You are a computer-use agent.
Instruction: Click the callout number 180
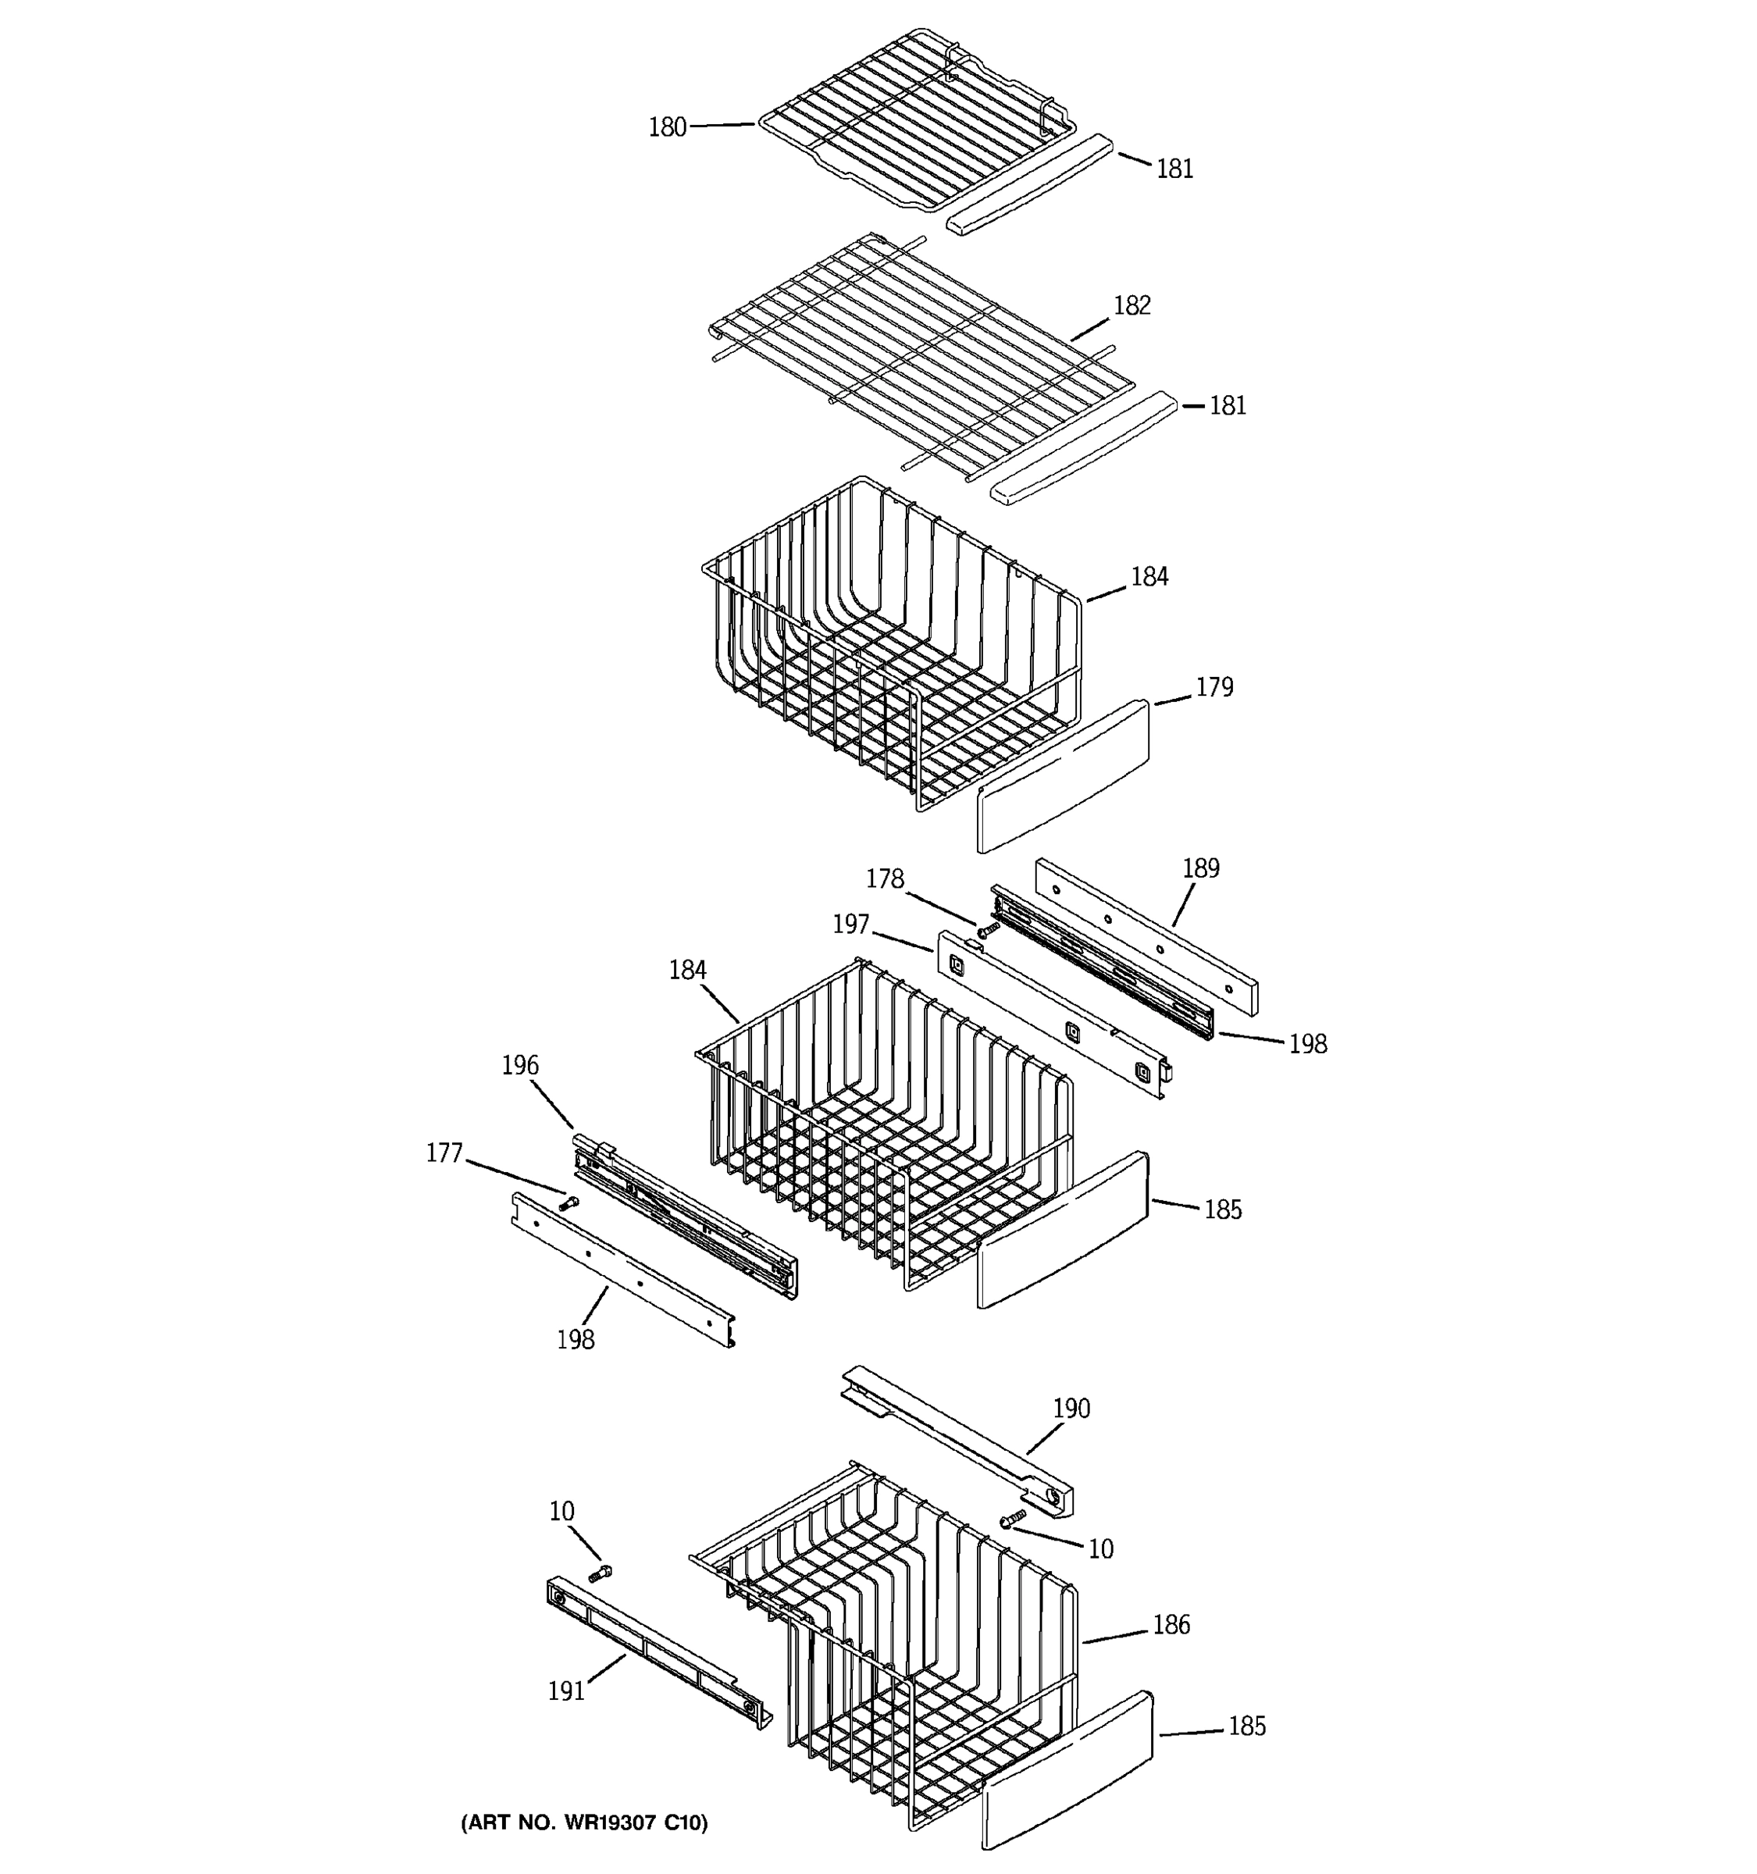click(666, 127)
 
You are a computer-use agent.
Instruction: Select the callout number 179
click(1214, 687)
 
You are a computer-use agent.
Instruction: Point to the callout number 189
click(1200, 868)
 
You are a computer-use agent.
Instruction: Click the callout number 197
click(850, 925)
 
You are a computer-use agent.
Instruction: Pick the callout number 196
click(519, 1065)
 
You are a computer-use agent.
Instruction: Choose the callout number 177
click(444, 1153)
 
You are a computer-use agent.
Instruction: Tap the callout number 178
click(884, 878)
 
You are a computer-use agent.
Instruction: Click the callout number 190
click(1071, 1409)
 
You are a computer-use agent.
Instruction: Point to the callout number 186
click(1171, 1624)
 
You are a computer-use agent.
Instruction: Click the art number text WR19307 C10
click(583, 1823)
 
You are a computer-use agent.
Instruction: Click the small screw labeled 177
click(568, 1202)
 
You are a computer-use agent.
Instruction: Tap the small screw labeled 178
click(987, 929)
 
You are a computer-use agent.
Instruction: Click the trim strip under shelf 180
click(1029, 187)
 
